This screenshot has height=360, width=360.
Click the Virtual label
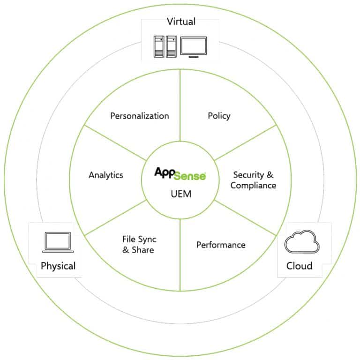[181, 22]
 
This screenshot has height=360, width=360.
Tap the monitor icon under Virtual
[194, 47]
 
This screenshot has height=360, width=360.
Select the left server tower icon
[159, 46]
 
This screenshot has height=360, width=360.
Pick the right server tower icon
[171, 46]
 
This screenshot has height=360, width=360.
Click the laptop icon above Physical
[58, 242]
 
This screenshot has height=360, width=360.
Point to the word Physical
[58, 266]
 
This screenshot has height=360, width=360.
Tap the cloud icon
[302, 241]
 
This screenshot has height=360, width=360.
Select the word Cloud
[300, 266]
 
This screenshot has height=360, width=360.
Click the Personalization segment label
[140, 116]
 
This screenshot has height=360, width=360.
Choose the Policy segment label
[219, 116]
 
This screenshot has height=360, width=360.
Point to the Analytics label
[106, 175]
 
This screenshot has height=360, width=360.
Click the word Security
[248, 175]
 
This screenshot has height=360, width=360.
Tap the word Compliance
[253, 185]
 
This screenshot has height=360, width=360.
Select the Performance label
[221, 245]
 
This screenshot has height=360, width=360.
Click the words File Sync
[139, 240]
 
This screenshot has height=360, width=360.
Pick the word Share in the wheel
[143, 250]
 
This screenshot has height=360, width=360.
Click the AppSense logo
[180, 174]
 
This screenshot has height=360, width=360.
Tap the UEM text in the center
[181, 194]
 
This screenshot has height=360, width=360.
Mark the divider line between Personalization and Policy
[180, 105]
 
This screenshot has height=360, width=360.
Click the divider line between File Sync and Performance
[180, 255]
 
